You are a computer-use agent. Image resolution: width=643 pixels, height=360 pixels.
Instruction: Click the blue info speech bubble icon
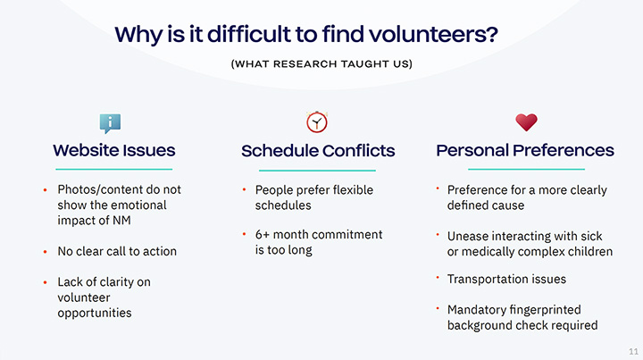110,122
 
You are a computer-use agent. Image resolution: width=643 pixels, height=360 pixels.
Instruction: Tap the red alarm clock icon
317,121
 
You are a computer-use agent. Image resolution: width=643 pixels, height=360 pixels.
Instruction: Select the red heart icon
526,122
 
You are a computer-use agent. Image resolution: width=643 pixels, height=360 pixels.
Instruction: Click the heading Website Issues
114,150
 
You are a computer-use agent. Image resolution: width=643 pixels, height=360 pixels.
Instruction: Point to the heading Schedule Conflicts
318,150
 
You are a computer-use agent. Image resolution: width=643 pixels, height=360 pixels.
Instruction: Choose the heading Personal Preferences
525,150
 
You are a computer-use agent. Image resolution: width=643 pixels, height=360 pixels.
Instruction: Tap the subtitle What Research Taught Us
321,63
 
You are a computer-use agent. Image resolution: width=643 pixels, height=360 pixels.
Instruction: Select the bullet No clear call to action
117,251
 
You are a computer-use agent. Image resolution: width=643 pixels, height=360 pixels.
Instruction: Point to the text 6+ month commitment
318,235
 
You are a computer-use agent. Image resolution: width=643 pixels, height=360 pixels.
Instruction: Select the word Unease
468,236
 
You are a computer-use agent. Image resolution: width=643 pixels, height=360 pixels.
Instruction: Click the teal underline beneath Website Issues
114,169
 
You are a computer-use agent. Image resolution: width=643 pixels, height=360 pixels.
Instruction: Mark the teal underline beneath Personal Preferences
526,169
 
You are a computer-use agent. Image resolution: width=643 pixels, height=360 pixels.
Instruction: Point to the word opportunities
95,313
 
